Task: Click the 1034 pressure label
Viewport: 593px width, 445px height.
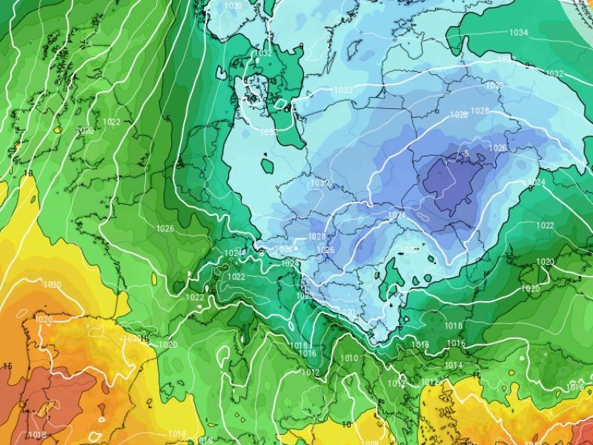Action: (518, 33)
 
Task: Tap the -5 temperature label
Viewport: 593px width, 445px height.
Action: (465, 154)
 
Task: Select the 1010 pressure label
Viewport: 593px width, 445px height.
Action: (349, 359)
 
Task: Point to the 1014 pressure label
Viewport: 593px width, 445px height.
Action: (454, 365)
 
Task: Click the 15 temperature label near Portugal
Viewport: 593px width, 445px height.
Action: (7, 366)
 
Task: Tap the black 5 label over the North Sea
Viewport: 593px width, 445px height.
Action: (169, 119)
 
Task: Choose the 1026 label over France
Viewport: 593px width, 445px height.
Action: (165, 228)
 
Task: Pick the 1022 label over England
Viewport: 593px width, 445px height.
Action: (112, 122)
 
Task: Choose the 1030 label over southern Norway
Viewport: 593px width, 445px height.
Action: (233, 6)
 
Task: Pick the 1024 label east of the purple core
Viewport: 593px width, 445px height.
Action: (537, 182)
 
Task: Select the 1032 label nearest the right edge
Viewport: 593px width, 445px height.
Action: (554, 73)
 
